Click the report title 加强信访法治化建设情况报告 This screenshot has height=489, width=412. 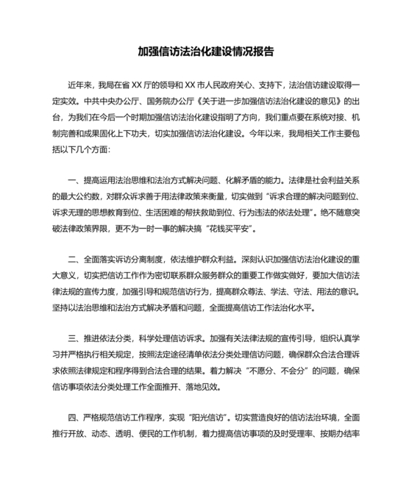(206, 52)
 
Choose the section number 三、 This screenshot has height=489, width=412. (74, 318)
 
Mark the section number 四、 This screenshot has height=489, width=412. (74, 397)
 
